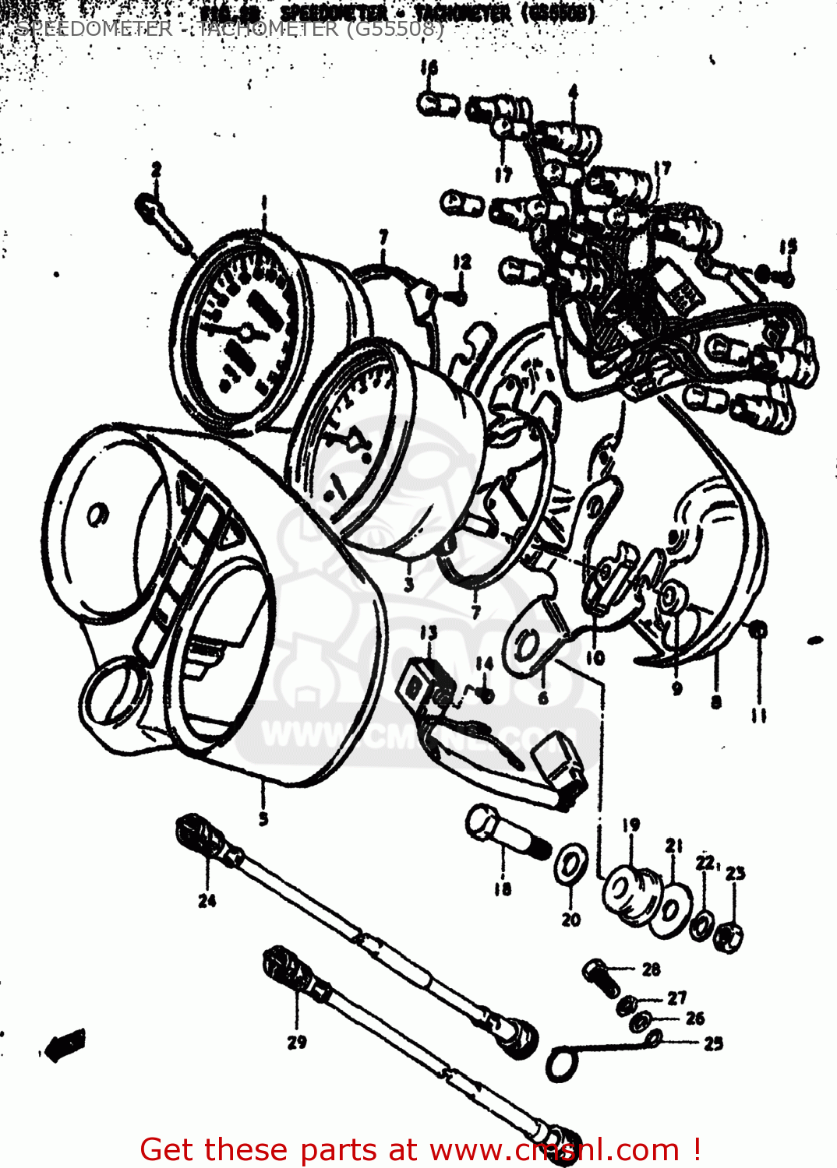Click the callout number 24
tap(207, 901)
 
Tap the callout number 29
tap(297, 1042)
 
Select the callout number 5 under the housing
tap(263, 818)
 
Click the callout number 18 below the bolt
tap(503, 888)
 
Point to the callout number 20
tap(571, 920)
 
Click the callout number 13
tap(429, 633)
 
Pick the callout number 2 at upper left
tap(157, 169)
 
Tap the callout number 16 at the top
tap(429, 68)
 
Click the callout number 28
tap(652, 969)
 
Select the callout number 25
tap(713, 1043)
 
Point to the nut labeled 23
tap(730, 935)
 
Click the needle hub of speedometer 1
tap(246, 333)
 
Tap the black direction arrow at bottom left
tap(65, 1044)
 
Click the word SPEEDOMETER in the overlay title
tap(94, 29)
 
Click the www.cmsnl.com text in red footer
tap(554, 1149)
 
